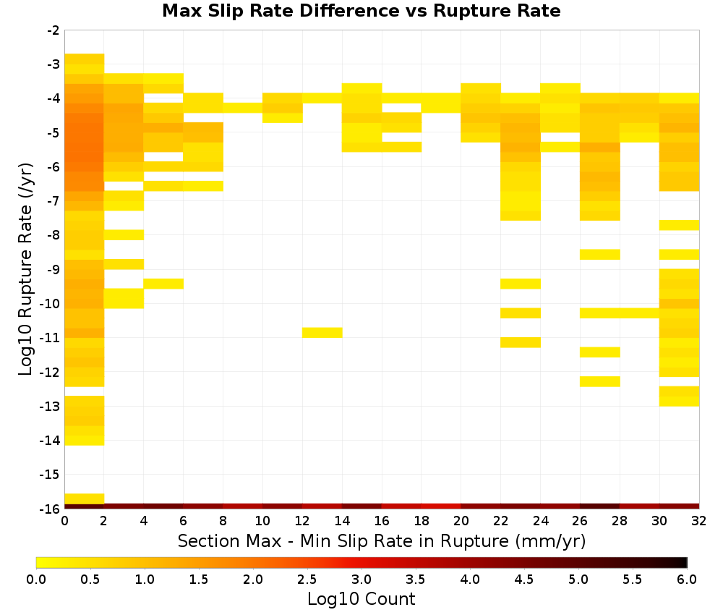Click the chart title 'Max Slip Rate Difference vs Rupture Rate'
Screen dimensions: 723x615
(x=361, y=11)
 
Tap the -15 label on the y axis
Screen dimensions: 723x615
(x=50, y=475)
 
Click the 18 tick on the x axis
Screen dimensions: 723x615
(x=422, y=521)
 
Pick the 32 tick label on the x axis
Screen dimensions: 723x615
(x=699, y=521)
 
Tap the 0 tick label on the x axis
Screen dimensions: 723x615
(x=64, y=521)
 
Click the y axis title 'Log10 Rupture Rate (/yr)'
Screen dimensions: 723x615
(x=26, y=269)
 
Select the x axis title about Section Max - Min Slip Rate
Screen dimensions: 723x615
(x=382, y=541)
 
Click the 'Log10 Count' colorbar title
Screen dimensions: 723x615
(x=361, y=599)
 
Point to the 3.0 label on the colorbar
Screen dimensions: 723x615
(x=361, y=580)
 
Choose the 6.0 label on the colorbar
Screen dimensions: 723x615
(x=687, y=580)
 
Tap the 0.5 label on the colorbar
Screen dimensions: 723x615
(x=90, y=580)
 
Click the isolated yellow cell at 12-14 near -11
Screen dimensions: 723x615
(x=322, y=332)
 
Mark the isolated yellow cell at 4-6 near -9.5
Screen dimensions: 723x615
(x=163, y=284)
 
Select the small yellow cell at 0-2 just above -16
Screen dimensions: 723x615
(x=85, y=499)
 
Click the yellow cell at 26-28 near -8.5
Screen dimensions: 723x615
(x=600, y=254)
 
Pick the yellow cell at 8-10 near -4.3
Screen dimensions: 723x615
(x=243, y=108)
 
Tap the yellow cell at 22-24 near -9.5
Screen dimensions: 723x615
(x=521, y=284)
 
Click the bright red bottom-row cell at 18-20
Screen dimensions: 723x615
(x=441, y=506)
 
